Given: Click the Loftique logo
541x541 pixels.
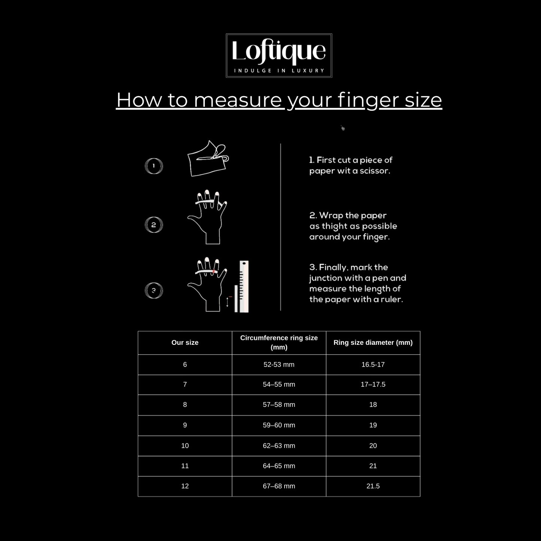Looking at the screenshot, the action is [x=279, y=55].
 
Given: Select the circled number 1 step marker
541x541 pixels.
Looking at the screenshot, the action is [x=154, y=166].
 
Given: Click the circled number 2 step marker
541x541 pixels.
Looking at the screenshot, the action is [x=154, y=225].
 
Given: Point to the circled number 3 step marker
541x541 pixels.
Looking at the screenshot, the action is [x=154, y=290].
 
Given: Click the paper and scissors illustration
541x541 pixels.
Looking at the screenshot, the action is [x=208, y=158].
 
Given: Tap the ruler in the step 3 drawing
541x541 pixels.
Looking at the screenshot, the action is [x=244, y=286].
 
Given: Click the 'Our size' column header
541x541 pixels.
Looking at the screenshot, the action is [x=185, y=343].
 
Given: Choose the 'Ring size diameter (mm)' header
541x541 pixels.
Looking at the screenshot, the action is [x=373, y=343].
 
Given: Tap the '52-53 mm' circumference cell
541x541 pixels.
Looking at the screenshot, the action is [x=279, y=364].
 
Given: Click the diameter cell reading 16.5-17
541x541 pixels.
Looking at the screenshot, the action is [x=373, y=364].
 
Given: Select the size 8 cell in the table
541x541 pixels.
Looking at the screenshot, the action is [x=185, y=405].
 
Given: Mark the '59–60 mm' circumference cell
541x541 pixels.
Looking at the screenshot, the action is [x=279, y=425].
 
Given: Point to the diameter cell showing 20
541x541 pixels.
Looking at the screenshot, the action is [x=373, y=446].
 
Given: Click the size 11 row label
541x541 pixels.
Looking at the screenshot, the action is [x=185, y=466].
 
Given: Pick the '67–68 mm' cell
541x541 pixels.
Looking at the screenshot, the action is [x=279, y=486].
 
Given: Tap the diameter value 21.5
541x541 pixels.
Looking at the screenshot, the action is [x=373, y=486].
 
